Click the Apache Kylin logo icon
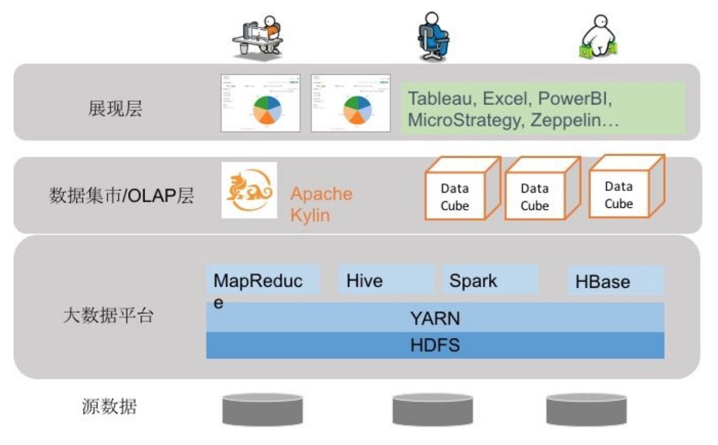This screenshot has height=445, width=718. [249, 190]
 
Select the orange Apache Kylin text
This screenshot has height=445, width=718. [320, 204]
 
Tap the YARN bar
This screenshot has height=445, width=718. [435, 318]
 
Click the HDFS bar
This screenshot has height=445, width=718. [435, 345]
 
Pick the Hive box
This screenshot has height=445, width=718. [385, 280]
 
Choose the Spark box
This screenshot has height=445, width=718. [489, 280]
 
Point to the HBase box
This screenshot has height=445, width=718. [615, 282]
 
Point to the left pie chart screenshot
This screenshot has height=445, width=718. [261, 103]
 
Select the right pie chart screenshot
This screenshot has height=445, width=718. [351, 103]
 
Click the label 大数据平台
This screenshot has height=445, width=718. [107, 315]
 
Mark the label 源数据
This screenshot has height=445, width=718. [109, 406]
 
